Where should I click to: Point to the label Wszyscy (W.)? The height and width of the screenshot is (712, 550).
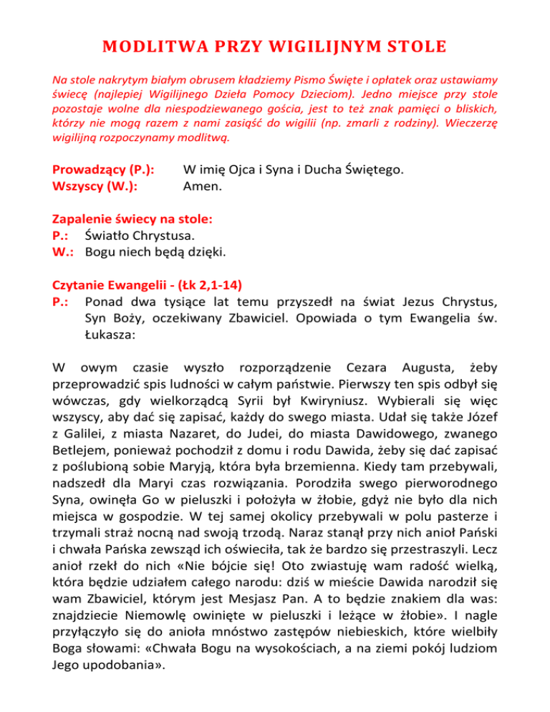pyautogui.click(x=95, y=188)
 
